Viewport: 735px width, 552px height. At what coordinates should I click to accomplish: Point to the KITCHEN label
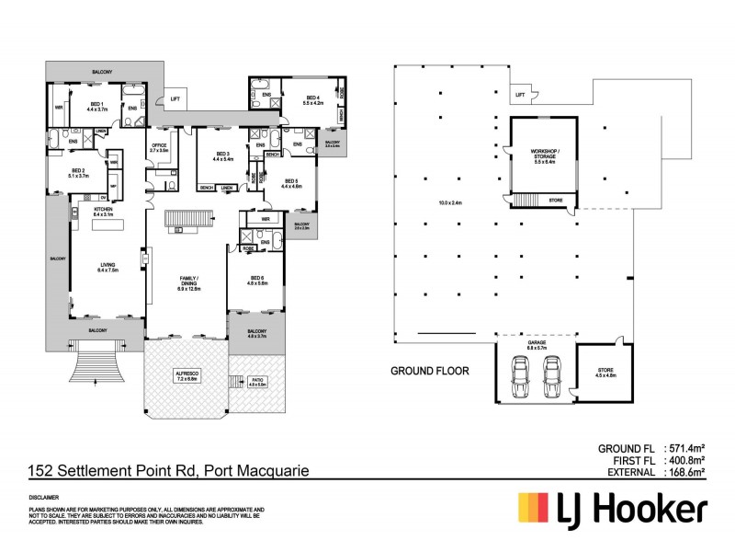coord(102,211)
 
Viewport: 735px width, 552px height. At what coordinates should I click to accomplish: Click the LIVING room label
coord(108,267)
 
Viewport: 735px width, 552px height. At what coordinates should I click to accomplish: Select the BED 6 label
coord(256,280)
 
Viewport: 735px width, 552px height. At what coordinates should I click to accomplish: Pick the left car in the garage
coord(521,375)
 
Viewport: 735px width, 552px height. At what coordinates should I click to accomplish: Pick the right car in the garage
coord(551,375)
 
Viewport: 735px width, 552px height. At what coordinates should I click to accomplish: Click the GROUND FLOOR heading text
coord(430,372)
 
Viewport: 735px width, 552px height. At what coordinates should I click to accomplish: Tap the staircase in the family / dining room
coord(187,221)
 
